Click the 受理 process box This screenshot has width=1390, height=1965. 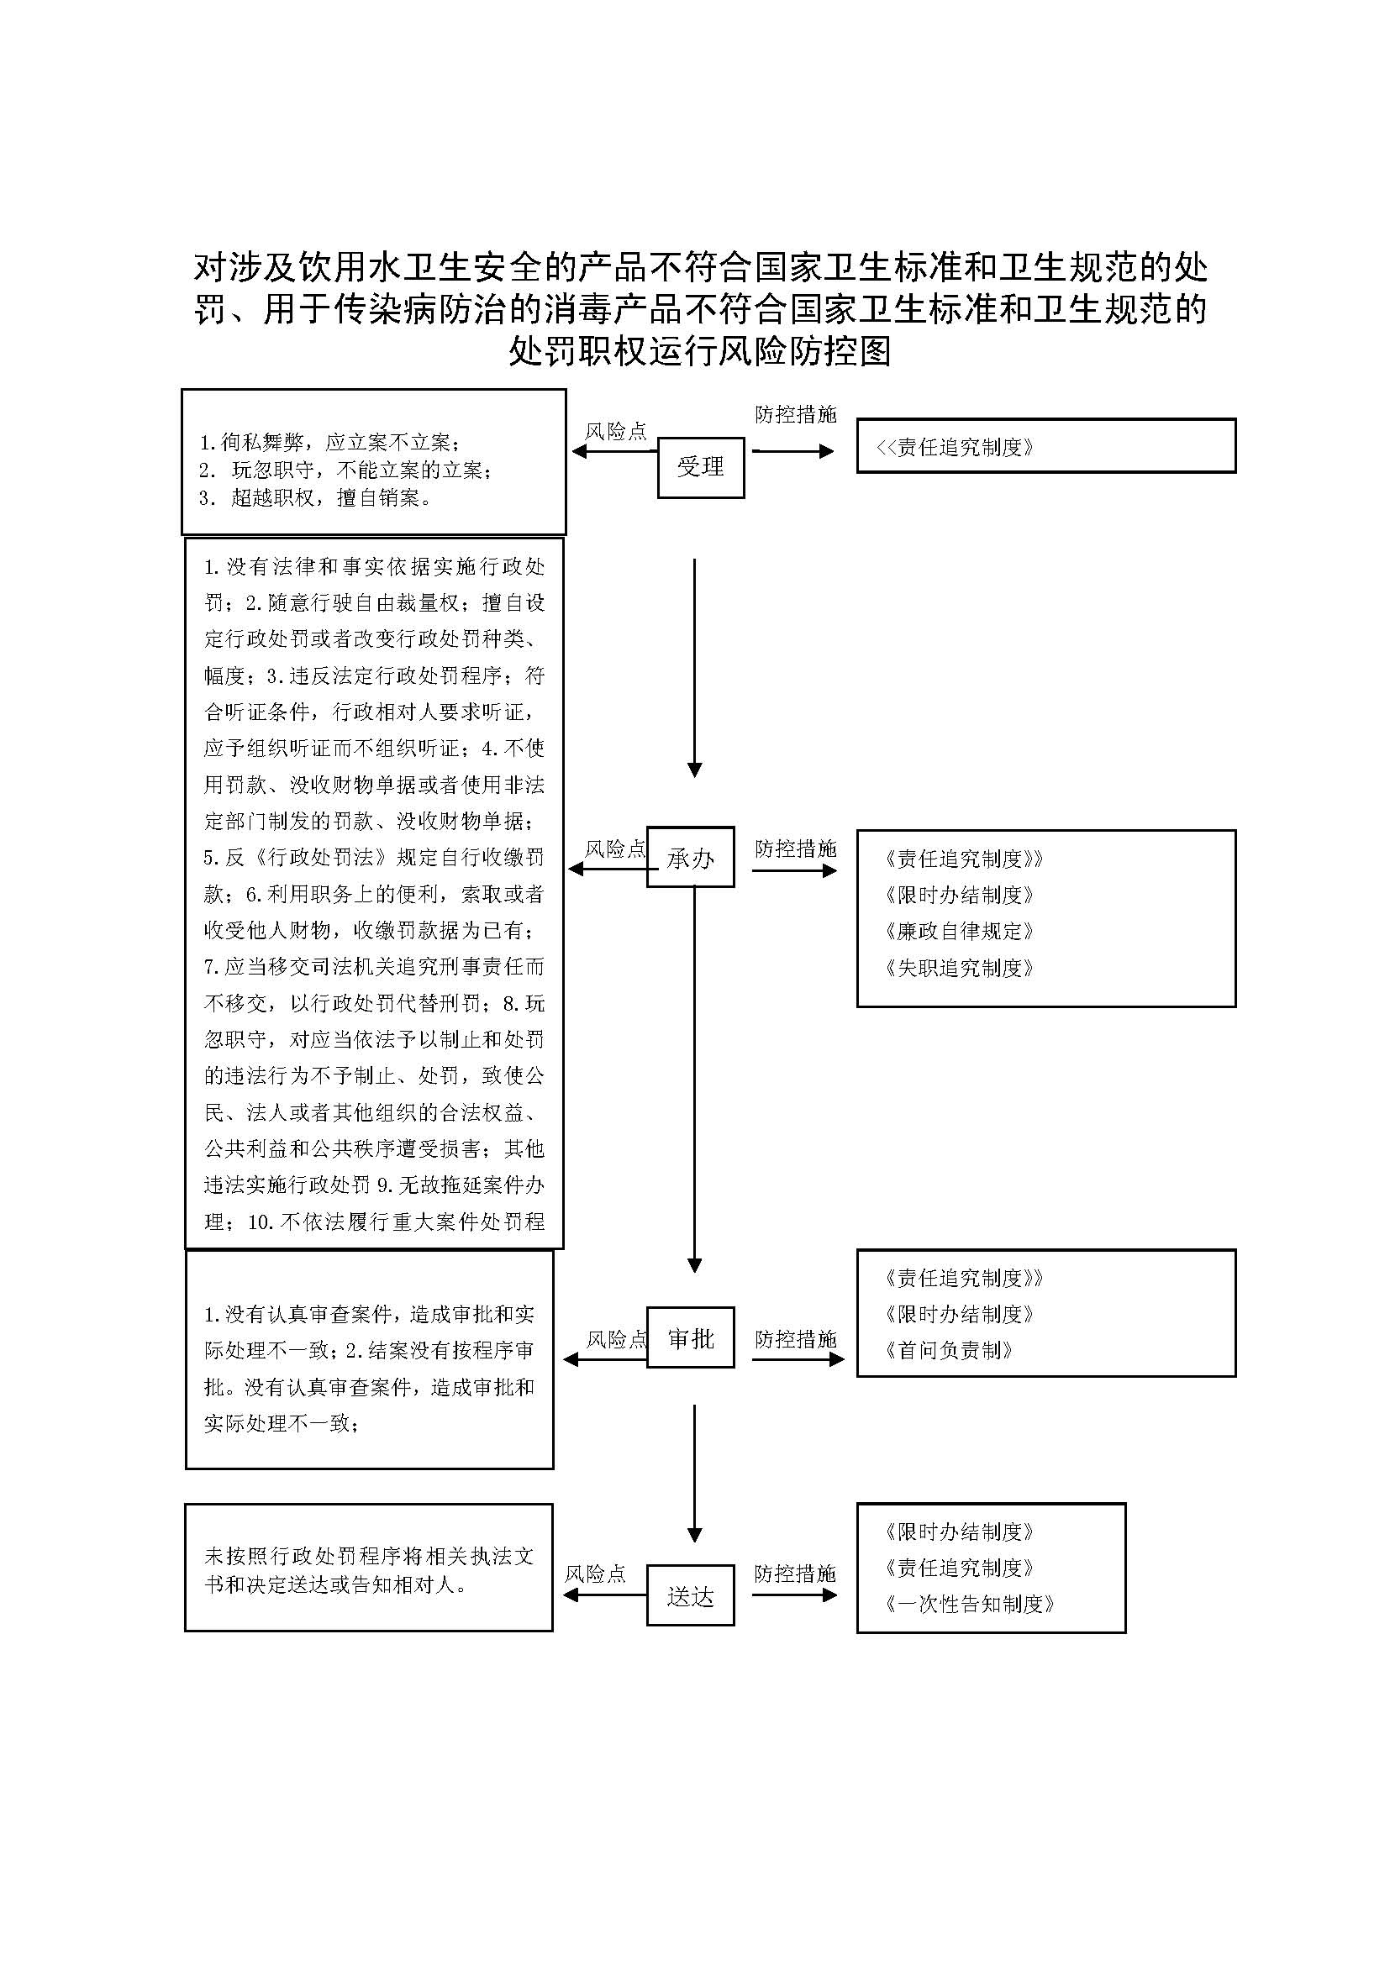tap(700, 467)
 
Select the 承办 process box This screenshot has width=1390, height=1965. tap(690, 857)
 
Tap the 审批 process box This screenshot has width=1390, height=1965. tap(690, 1337)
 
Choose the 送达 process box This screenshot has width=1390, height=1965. tap(690, 1595)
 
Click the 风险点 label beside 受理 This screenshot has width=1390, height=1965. tap(615, 431)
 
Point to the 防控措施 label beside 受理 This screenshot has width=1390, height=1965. tap(795, 415)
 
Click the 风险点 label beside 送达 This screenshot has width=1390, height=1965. tap(595, 1574)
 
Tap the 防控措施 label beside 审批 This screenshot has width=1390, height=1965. tap(795, 1339)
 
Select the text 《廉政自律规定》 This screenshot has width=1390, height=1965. tap(960, 931)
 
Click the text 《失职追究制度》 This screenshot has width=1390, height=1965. tap(960, 968)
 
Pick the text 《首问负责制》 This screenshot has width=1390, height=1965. tap(949, 1351)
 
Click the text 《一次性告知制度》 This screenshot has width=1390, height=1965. tap(970, 1604)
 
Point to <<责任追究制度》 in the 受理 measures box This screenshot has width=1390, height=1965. tap(955, 447)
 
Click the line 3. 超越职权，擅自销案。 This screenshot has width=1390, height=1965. tap(315, 498)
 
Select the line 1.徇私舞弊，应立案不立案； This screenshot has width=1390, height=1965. tap(329, 443)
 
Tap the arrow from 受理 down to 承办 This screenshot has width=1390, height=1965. tap(694, 668)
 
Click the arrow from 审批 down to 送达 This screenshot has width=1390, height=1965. tap(694, 1472)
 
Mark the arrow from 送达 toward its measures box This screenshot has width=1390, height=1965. tap(794, 1595)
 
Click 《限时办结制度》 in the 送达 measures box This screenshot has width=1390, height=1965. tap(960, 1532)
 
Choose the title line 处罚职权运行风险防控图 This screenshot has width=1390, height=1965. tap(699, 351)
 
